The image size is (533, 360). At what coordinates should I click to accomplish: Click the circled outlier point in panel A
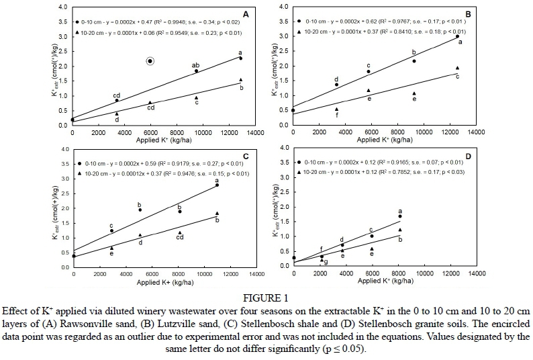click(x=150, y=61)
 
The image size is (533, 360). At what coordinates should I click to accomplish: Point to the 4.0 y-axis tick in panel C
click(x=64, y=149)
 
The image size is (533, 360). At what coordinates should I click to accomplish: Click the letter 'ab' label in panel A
click(x=196, y=64)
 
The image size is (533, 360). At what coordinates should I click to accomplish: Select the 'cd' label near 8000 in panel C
click(x=179, y=237)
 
